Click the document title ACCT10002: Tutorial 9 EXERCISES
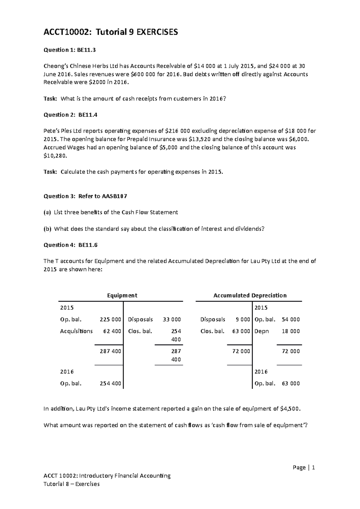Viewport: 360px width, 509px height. pyautogui.click(x=111, y=32)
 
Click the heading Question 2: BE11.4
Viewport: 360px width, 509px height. pyautogui.click(x=70, y=115)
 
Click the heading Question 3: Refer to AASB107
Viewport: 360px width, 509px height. pyautogui.click(x=85, y=196)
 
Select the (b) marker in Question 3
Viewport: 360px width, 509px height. pyautogui.click(x=47, y=229)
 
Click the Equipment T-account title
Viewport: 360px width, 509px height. pyautogui.click(x=122, y=295)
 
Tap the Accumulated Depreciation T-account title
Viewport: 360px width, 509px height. pyautogui.click(x=250, y=295)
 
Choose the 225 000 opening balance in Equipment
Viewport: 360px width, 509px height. pyautogui.click(x=110, y=320)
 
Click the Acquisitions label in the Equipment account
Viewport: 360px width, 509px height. pyautogui.click(x=76, y=331)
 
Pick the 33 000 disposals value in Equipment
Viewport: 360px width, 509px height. pyautogui.click(x=172, y=320)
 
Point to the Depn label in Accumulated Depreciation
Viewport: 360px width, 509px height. pyautogui.click(x=262, y=331)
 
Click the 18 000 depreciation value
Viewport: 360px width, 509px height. pyautogui.click(x=291, y=331)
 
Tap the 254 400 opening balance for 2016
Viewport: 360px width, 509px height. pyautogui.click(x=110, y=383)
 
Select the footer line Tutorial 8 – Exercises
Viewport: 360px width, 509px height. pyautogui.click(x=71, y=484)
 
